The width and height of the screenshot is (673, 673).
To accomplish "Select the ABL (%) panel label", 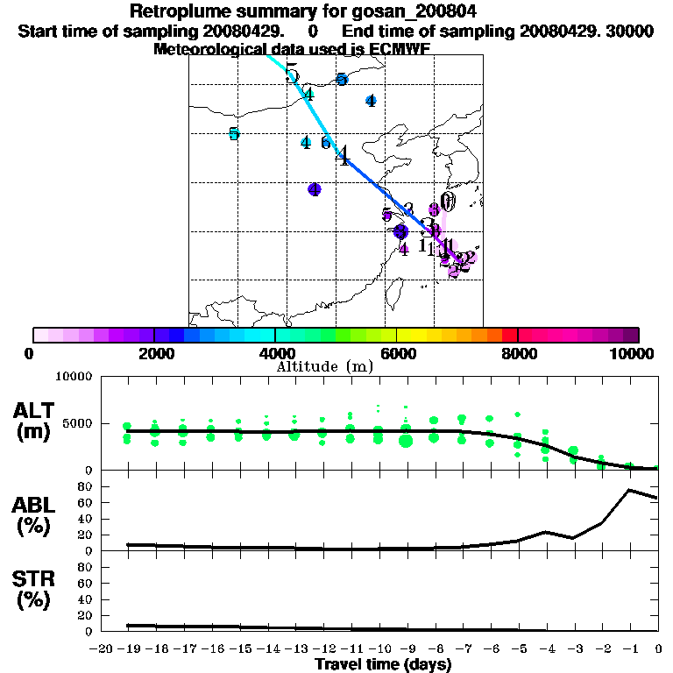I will point(36,517).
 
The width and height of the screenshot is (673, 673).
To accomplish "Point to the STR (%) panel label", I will point(36,590).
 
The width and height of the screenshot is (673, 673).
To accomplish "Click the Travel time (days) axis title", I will point(383,664).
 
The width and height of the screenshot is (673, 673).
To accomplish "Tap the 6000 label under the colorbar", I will point(397,353).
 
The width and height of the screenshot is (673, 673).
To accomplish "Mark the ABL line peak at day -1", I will point(630,490).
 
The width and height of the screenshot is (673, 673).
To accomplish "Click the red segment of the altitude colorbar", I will point(509,335).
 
